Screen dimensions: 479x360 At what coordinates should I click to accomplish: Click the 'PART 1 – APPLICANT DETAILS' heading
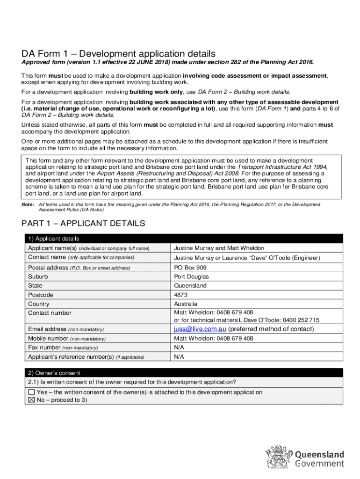tap(84, 224)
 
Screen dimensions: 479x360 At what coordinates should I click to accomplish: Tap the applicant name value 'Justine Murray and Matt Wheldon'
tap(219, 248)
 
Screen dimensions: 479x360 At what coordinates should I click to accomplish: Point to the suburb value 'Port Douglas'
tap(191, 276)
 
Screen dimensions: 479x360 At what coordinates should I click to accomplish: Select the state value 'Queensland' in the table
tap(190, 285)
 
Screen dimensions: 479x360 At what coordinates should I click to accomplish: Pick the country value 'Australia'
tap(186, 304)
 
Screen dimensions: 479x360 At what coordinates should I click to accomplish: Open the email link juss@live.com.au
tap(200, 329)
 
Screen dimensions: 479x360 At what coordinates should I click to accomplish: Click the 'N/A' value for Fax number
tap(179, 348)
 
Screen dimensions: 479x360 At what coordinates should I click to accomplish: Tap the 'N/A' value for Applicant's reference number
tap(179, 357)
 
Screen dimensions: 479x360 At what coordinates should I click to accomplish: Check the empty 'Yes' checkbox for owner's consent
tap(31, 392)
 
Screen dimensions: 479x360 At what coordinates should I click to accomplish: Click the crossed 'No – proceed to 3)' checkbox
tap(31, 400)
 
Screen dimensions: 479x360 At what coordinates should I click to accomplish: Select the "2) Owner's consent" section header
tap(54, 373)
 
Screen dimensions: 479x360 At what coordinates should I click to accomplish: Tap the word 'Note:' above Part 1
tap(28, 205)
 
